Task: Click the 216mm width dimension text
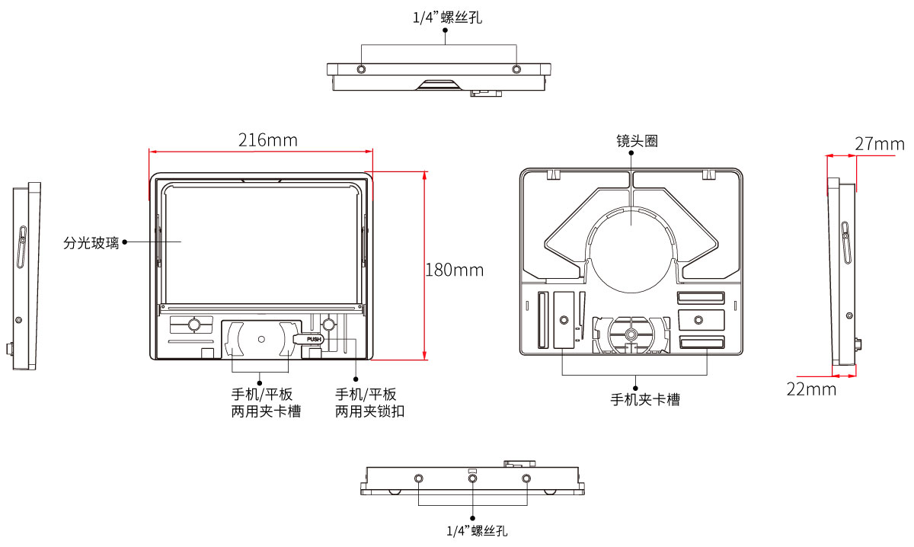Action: click(x=267, y=140)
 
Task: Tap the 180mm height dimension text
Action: click(x=455, y=270)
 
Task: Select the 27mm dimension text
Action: click(x=879, y=144)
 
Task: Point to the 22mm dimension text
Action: click(x=811, y=389)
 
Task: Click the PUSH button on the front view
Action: click(x=314, y=339)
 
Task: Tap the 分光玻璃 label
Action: click(x=91, y=243)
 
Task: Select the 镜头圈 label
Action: click(x=637, y=141)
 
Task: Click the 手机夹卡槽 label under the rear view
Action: click(x=645, y=400)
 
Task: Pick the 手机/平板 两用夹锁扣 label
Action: click(x=369, y=403)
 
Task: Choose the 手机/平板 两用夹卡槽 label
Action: click(x=266, y=403)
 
